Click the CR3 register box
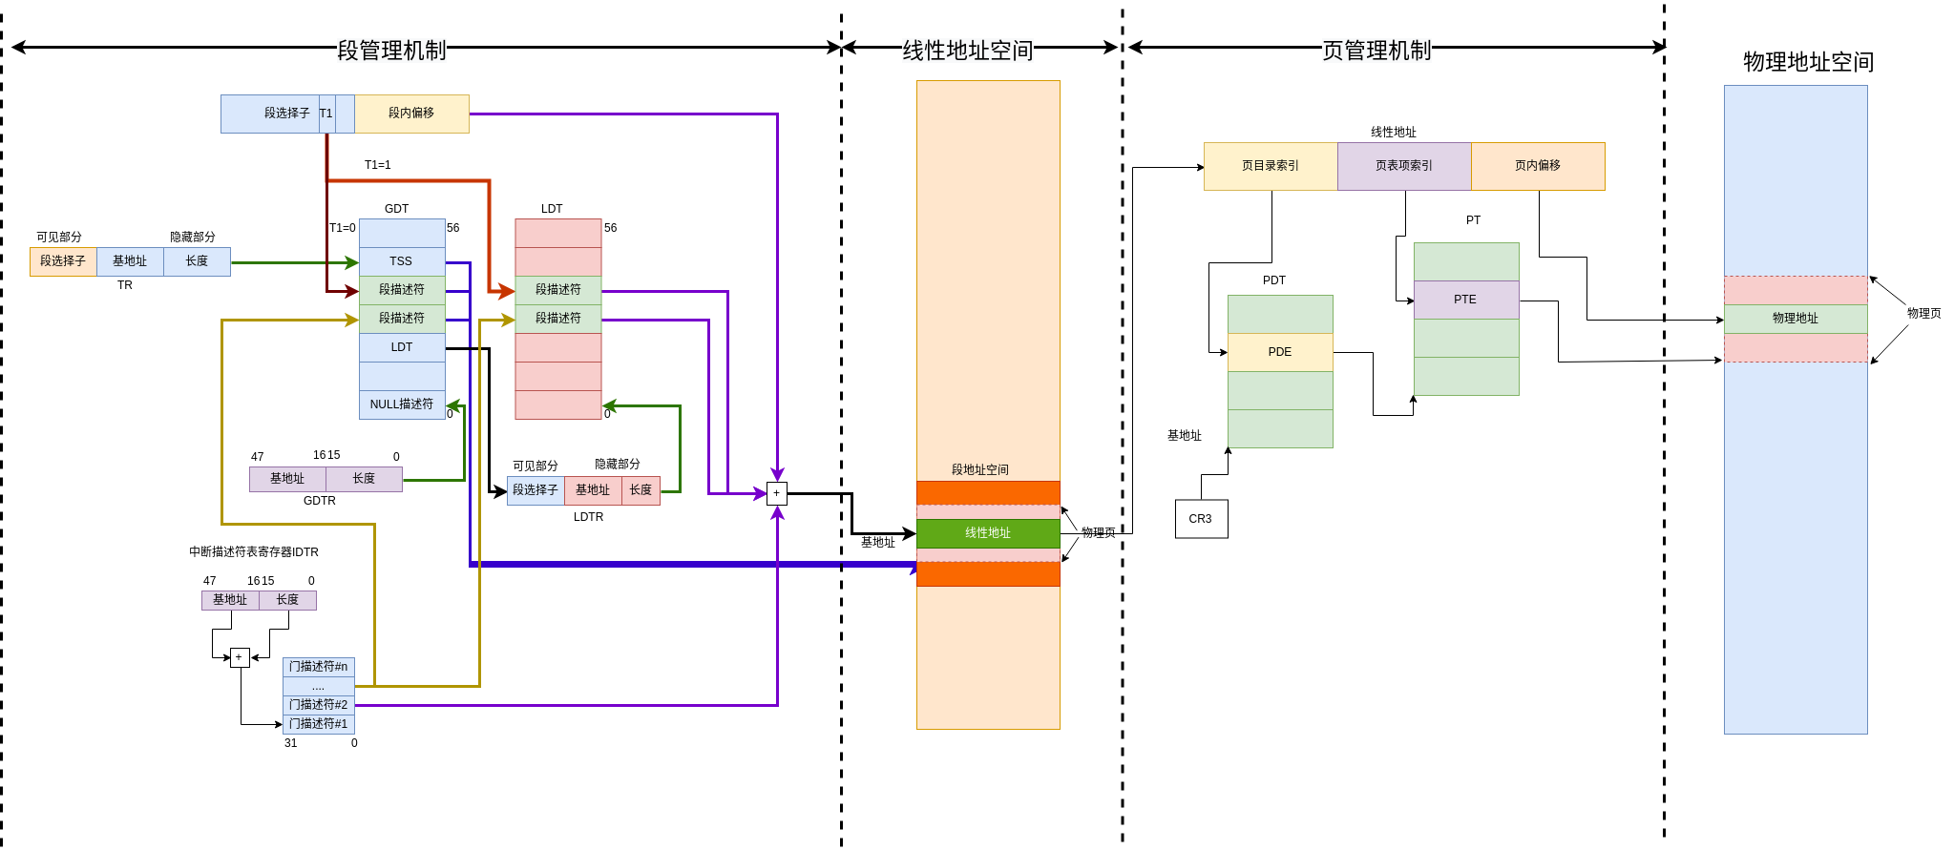1201,519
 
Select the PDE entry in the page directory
1279,352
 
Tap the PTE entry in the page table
1465,300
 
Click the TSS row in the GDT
401,261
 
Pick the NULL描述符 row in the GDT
401,404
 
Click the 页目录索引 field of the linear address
1270,166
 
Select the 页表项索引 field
1403,166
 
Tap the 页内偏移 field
1537,166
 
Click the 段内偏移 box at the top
411,114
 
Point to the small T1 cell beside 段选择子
326,114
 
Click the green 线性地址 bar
987,533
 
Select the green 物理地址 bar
1795,319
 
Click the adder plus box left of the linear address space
776,493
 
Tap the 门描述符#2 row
318,705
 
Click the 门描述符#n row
318,667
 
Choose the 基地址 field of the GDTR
286,479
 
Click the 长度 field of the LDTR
641,490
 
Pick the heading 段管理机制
391,50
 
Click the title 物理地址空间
1808,62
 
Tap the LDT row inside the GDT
401,347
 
